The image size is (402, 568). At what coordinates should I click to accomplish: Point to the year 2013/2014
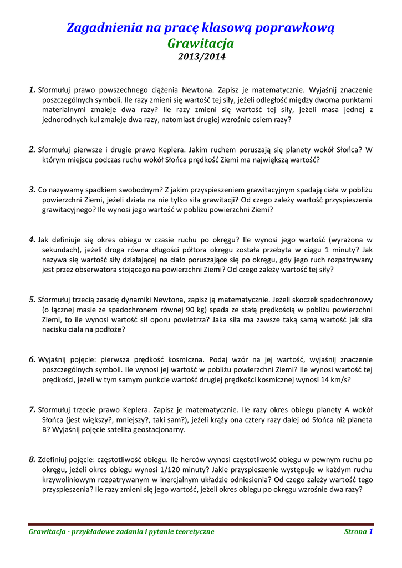coord(201,56)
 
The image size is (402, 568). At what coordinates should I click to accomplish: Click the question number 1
coord(32,89)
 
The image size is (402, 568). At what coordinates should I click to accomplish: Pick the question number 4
coord(32,240)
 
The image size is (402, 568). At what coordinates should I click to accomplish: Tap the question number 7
coord(32,409)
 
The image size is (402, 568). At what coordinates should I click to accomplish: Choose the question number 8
coord(32,459)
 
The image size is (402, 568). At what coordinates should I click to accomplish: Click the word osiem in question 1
coord(261,120)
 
